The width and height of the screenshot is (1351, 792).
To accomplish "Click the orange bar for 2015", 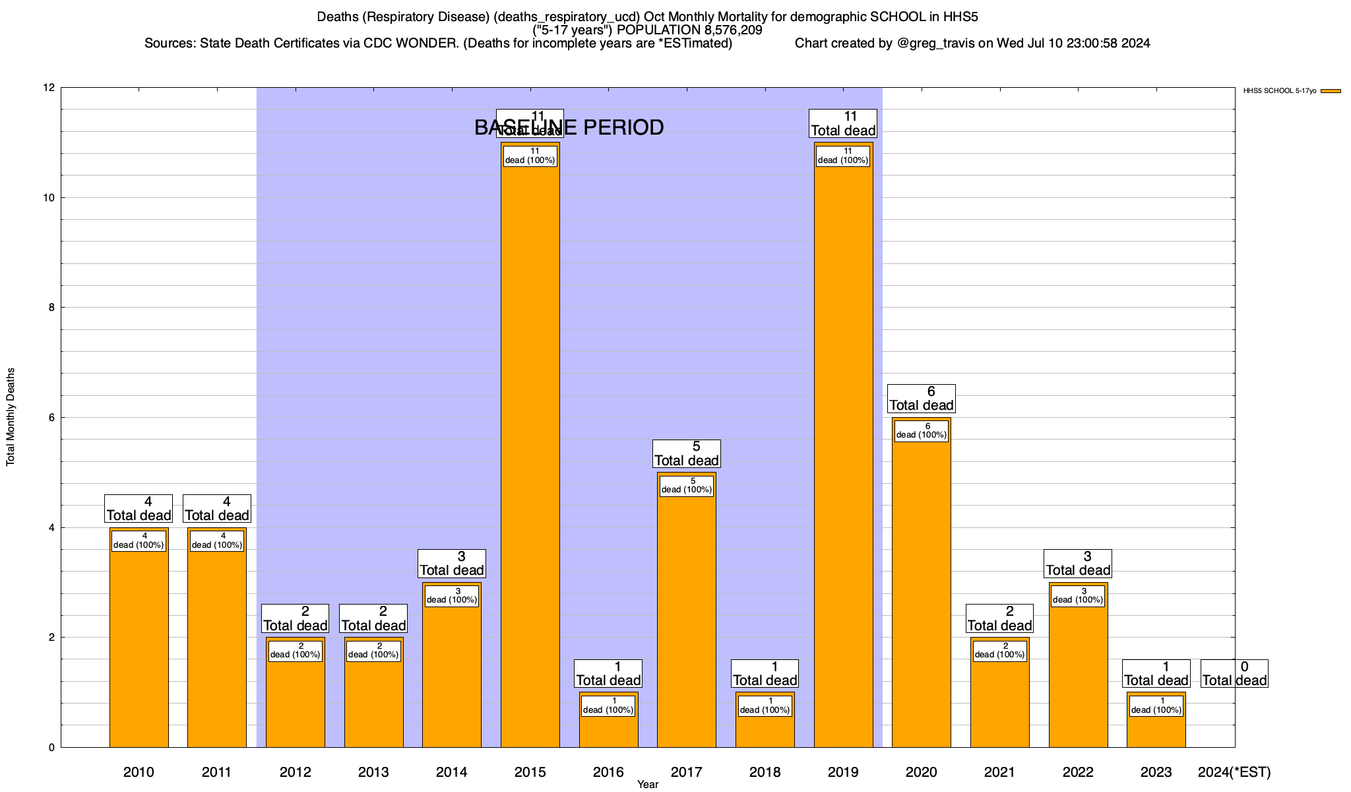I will (530, 462).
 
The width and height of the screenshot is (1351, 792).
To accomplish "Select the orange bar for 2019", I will (843, 462).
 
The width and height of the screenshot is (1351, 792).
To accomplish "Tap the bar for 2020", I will (921, 594).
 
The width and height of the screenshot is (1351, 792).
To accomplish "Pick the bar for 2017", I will (686, 627).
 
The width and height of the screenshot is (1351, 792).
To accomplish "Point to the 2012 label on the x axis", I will (295, 772).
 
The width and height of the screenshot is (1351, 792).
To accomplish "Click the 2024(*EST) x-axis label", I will (1234, 772).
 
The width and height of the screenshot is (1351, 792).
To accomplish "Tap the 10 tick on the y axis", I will (49, 198).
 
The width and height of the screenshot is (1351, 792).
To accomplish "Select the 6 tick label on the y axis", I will (51, 418).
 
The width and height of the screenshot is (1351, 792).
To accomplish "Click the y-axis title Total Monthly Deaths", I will (11, 417).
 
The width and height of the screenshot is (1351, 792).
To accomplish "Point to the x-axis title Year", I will (647, 785).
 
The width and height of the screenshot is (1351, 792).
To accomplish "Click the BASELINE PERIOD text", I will (569, 127).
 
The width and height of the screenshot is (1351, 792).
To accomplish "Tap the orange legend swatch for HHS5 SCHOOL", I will (1331, 91).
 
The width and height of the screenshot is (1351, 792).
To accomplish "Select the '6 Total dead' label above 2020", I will (921, 399).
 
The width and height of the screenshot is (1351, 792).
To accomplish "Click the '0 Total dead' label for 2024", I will (1234, 674).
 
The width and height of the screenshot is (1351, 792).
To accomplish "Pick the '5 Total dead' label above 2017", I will (686, 454).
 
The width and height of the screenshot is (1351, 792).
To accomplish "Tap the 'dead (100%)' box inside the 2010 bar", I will (139, 541).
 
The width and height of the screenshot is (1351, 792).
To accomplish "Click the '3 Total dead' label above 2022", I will (1078, 564).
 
